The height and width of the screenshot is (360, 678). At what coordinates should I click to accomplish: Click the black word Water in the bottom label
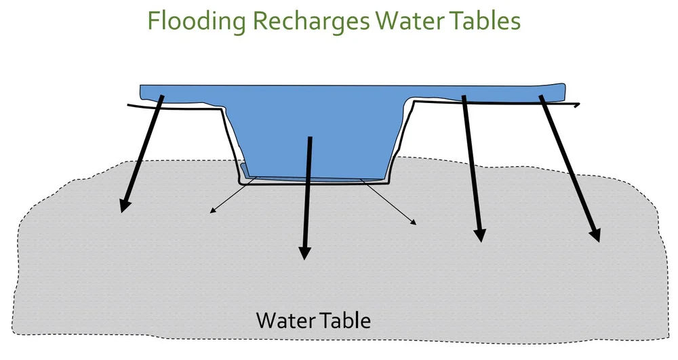point(285,319)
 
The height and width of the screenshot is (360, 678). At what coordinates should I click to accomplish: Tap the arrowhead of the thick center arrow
point(304,254)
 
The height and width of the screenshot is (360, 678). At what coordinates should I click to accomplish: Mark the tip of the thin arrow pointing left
point(211,213)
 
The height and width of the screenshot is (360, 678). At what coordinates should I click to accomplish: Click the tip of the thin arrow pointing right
point(415,223)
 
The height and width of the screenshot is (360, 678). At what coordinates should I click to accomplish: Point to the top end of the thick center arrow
point(310,139)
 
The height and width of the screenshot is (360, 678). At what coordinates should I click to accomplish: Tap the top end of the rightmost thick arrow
point(541,96)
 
